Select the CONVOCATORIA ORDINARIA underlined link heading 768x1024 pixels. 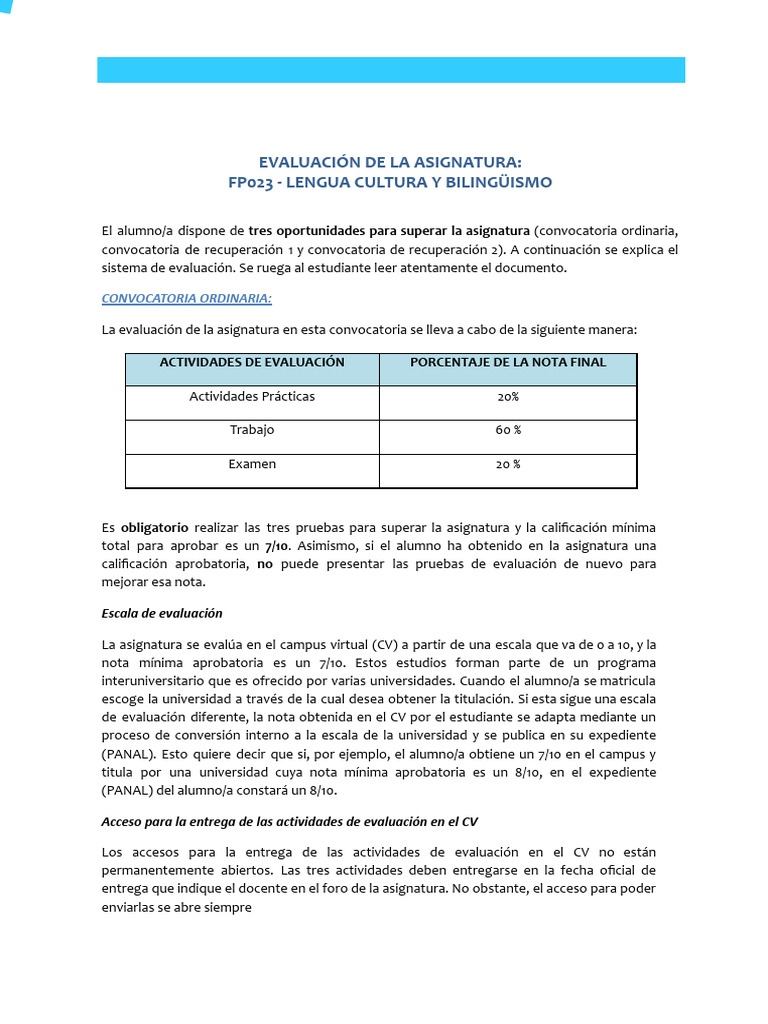tap(186, 298)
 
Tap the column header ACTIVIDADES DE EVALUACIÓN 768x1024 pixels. tap(252, 362)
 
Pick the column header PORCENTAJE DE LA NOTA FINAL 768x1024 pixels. tap(508, 362)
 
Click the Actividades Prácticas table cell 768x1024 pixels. tap(252, 396)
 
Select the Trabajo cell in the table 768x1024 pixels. tap(252, 430)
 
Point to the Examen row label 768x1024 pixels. tap(252, 464)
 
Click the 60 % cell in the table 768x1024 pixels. tap(508, 430)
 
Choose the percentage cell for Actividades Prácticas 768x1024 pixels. tap(508, 397)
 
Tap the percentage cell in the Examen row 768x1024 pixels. tap(508, 464)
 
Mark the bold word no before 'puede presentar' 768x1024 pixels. tap(264, 564)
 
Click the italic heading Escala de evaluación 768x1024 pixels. tap(162, 613)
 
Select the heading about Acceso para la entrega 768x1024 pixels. tap(290, 822)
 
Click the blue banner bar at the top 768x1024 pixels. tap(390, 69)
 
